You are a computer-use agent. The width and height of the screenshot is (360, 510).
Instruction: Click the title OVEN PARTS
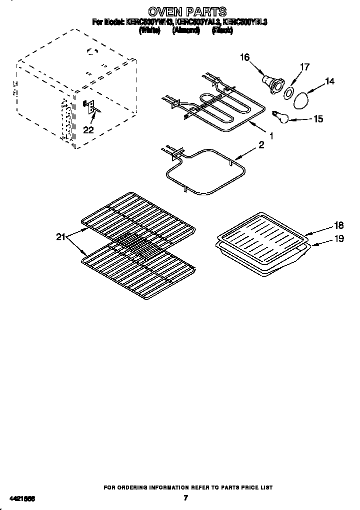187,11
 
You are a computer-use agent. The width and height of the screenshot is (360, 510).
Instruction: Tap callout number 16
244,57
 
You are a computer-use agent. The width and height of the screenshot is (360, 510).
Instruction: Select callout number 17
304,67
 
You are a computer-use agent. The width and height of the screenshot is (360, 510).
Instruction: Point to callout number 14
329,81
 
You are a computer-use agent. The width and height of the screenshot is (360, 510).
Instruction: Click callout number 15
317,119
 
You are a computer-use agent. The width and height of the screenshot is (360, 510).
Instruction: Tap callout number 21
60,237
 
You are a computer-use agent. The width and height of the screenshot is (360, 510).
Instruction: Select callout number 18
339,225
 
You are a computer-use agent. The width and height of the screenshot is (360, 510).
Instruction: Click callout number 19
339,239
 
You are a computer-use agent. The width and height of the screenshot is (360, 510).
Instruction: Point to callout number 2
261,145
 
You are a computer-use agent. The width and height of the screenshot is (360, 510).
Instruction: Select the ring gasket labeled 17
288,93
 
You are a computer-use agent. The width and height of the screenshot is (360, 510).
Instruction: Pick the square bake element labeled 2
205,172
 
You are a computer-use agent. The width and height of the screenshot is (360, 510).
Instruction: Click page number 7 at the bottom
185,498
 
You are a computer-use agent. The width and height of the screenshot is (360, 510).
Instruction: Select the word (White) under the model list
149,30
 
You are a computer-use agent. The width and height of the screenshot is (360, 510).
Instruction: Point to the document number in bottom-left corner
22,498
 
